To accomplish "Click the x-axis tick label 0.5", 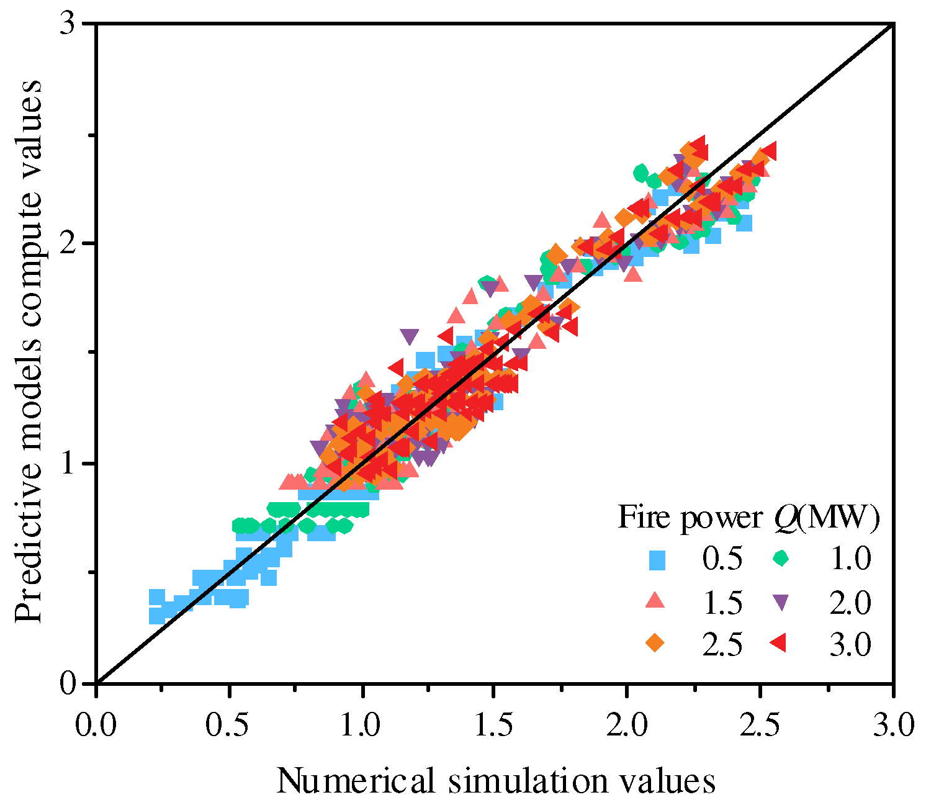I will pyautogui.click(x=229, y=724).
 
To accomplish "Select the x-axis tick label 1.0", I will pyautogui.click(x=362, y=724).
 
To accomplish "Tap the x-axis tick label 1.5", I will pyautogui.click(x=495, y=724).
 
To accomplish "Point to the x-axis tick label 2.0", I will pyautogui.click(x=627, y=724).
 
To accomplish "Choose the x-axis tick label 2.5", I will pyautogui.click(x=760, y=724).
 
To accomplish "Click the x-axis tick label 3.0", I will pyautogui.click(x=892, y=724).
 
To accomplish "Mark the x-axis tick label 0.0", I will pyautogui.click(x=96, y=724).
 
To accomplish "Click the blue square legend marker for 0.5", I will pyautogui.click(x=656, y=560).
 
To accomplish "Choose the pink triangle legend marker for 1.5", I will pyautogui.click(x=655, y=601).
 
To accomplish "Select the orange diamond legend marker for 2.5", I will pyautogui.click(x=655, y=643).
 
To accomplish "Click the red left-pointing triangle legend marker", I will pyautogui.click(x=779, y=644).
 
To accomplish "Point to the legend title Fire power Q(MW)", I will pyautogui.click(x=748, y=517).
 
